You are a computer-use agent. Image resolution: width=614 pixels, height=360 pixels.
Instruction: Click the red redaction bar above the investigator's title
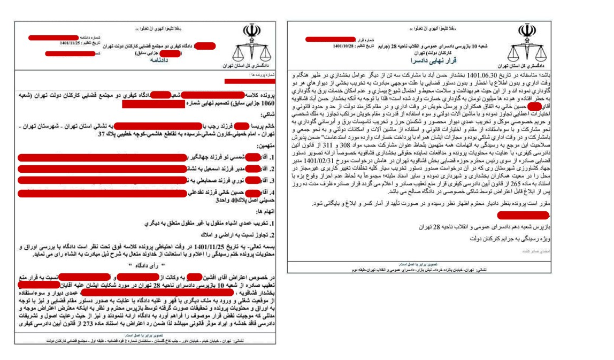point(523,216)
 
